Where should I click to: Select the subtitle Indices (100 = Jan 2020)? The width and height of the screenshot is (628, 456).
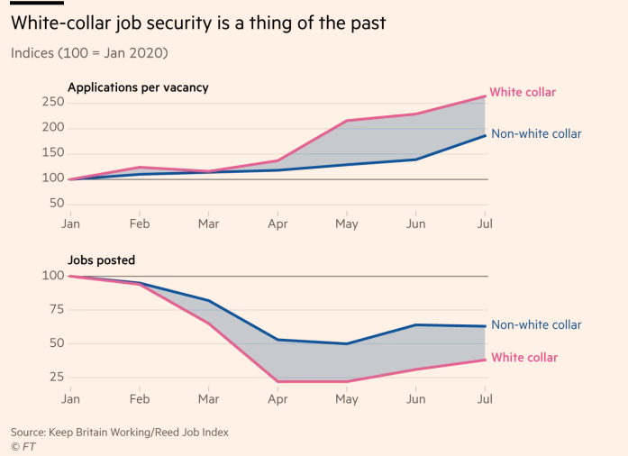(x=89, y=52)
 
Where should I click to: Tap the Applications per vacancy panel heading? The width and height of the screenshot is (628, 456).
(x=138, y=87)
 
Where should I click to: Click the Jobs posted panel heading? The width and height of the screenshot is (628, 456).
(x=101, y=260)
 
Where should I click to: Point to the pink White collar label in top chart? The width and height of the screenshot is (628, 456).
(x=523, y=92)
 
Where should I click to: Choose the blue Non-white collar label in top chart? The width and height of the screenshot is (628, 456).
(x=536, y=134)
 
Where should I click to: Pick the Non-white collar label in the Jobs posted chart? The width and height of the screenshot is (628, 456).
(x=536, y=325)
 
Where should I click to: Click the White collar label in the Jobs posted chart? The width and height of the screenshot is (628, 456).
(x=523, y=358)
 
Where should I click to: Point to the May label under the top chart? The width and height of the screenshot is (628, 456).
(x=346, y=222)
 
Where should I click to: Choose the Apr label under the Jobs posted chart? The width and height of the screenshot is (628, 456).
(x=277, y=397)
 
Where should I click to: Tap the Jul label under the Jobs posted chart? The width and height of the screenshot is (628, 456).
(x=485, y=397)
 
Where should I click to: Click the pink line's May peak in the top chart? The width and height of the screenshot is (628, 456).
(x=346, y=121)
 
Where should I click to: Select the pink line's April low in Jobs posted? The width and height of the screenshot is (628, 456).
(x=277, y=381)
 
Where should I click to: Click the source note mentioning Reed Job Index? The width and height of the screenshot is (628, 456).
(x=120, y=433)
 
